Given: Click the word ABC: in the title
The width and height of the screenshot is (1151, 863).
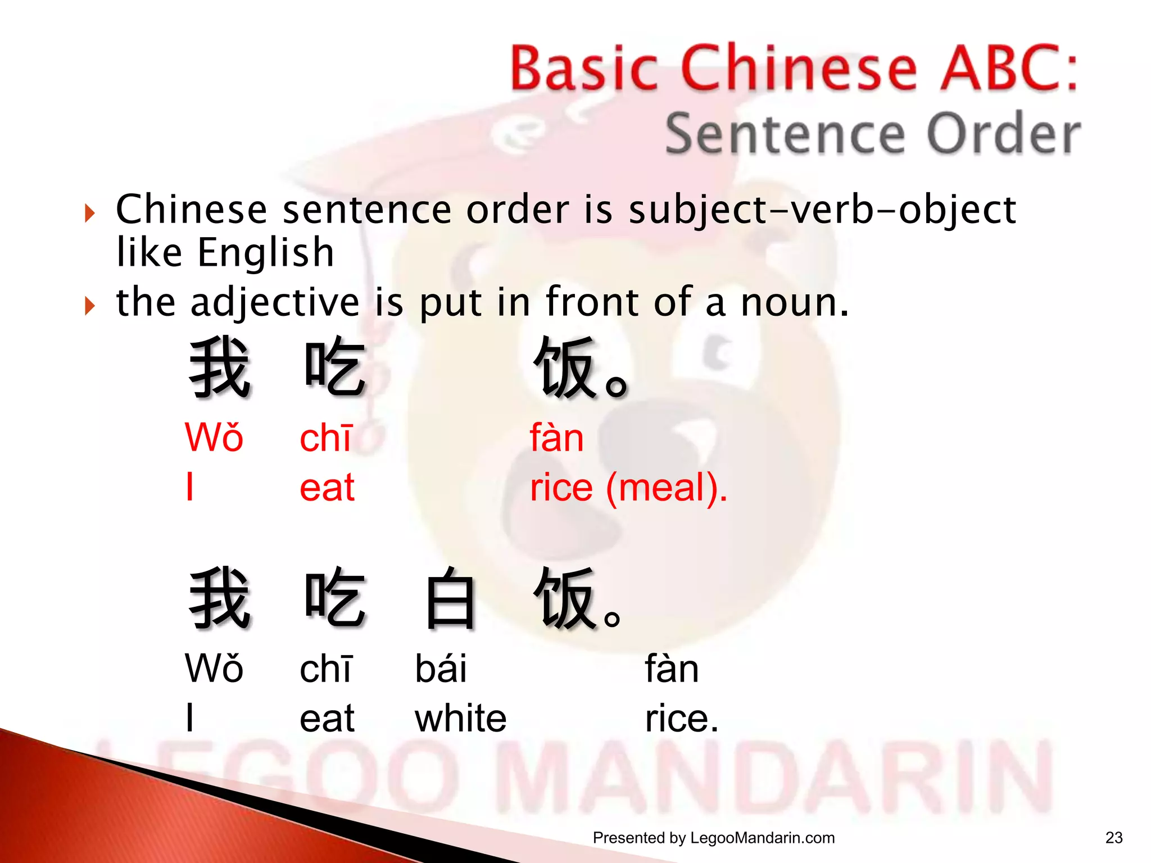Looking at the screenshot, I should [x=1009, y=69].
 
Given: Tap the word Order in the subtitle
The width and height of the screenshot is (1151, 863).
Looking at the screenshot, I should [x=1003, y=134].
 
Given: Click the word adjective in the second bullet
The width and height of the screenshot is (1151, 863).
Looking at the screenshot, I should [x=275, y=303].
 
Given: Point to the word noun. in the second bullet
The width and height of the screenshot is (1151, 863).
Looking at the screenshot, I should [x=794, y=303].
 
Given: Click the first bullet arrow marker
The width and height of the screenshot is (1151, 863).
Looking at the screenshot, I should [x=90, y=213].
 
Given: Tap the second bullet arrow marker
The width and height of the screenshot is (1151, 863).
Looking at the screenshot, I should [x=90, y=306].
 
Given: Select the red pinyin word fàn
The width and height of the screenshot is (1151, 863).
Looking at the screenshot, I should [x=557, y=438].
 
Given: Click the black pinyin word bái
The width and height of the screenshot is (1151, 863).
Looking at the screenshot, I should [x=441, y=669].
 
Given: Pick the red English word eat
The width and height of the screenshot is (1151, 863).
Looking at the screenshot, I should [x=327, y=487].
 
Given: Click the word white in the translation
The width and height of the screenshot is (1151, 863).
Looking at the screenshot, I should [x=460, y=719].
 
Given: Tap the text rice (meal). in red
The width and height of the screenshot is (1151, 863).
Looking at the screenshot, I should [x=628, y=487].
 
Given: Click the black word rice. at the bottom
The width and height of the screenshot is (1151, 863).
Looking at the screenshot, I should [x=681, y=719].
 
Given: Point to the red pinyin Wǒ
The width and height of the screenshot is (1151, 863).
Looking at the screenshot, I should [x=214, y=438].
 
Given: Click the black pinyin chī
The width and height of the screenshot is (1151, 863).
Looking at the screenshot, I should [x=326, y=669].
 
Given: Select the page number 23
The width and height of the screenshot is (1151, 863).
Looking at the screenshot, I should [x=1113, y=838].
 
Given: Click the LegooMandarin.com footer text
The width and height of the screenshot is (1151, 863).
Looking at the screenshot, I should [x=762, y=838].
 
